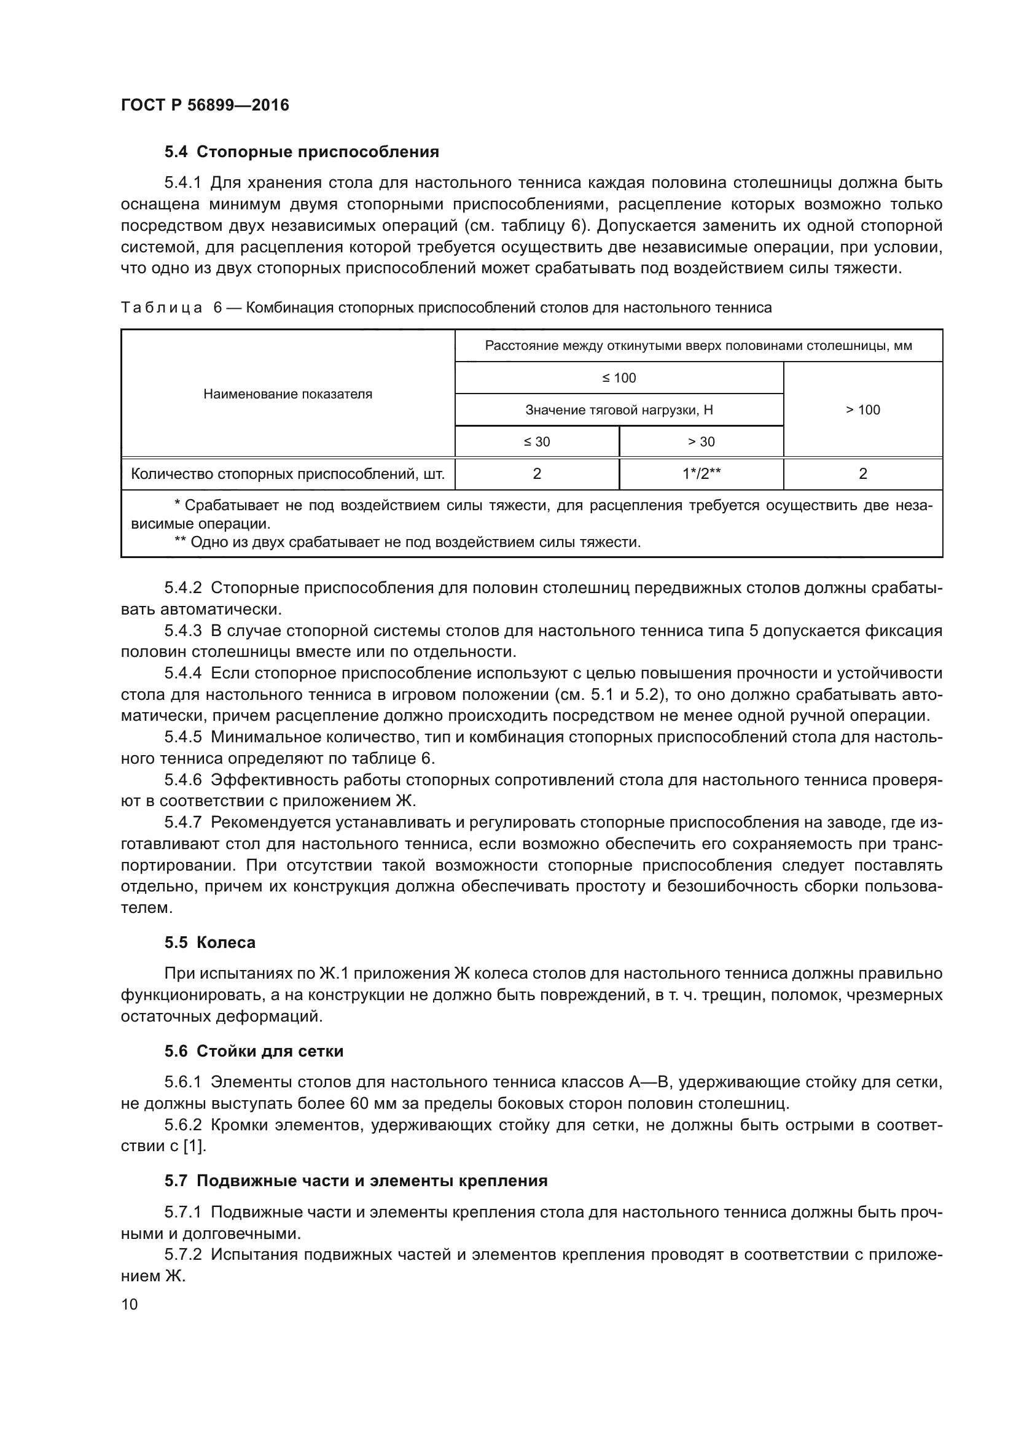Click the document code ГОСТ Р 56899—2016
coord(205,105)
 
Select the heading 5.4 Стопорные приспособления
coord(302,152)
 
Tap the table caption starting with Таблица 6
coord(446,308)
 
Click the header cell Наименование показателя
coord(287,394)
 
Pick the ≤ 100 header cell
coord(619,378)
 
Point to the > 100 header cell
coord(862,409)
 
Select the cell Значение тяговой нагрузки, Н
coord(619,410)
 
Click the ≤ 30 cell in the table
coord(537,442)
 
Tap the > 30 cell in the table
coord(701,442)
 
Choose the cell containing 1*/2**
coord(701,474)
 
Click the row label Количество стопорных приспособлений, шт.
coord(287,474)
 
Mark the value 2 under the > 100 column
coord(862,474)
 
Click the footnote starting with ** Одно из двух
coord(407,542)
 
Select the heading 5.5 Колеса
coord(209,942)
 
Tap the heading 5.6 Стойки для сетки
coord(254,1051)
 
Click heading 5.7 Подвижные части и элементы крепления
coord(356,1181)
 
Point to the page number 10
coord(130,1305)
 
